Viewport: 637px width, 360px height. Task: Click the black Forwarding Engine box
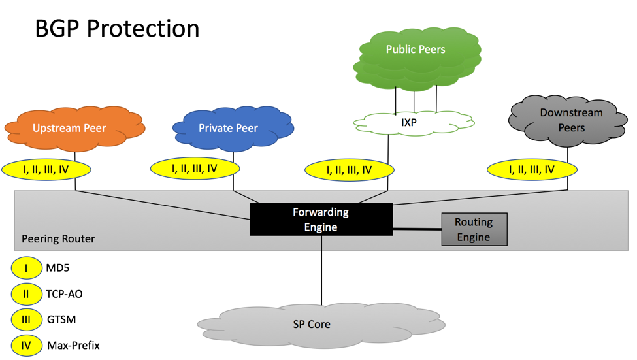pyautogui.click(x=321, y=220)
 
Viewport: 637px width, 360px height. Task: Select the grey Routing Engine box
pyautogui.click(x=474, y=229)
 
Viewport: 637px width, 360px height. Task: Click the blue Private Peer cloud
pyautogui.click(x=233, y=128)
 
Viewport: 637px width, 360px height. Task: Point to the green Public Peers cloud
pyautogui.click(x=417, y=56)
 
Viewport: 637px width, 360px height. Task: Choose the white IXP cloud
pyautogui.click(x=414, y=123)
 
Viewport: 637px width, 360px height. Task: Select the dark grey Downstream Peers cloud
pyautogui.click(x=568, y=121)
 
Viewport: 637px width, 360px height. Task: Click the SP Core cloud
pyautogui.click(x=321, y=325)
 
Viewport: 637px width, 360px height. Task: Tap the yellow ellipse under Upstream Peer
pyautogui.click(x=46, y=169)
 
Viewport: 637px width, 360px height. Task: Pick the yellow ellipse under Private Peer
pyautogui.click(x=195, y=168)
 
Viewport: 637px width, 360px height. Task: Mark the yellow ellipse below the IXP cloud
pyautogui.click(x=350, y=170)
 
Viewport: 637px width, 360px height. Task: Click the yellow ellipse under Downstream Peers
pyautogui.click(x=532, y=169)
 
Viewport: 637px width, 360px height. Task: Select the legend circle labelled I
pyautogui.click(x=26, y=268)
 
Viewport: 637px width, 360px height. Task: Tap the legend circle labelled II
pyautogui.click(x=26, y=294)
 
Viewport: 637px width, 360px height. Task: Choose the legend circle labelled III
pyautogui.click(x=26, y=319)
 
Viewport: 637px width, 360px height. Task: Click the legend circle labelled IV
pyautogui.click(x=26, y=346)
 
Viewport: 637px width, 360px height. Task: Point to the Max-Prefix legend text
pyautogui.click(x=74, y=346)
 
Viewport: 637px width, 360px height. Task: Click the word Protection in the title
pyautogui.click(x=143, y=29)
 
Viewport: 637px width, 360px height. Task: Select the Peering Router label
pyautogui.click(x=58, y=238)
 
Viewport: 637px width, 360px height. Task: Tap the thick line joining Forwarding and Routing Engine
pyautogui.click(x=417, y=229)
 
